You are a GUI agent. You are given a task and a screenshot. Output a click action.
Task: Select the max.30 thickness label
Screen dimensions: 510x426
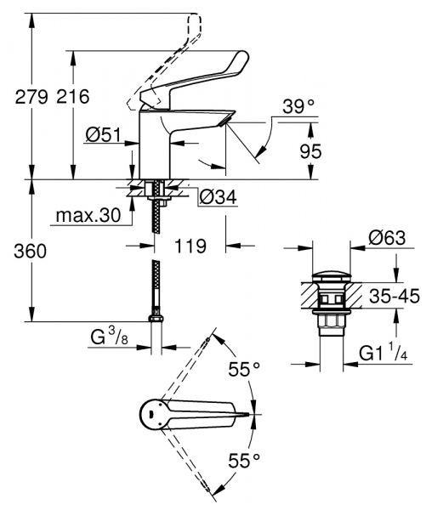pos(87,216)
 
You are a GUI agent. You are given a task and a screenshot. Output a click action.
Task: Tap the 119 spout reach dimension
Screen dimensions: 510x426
pos(189,247)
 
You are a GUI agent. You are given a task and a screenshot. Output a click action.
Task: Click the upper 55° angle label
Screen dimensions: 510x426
pos(241,371)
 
